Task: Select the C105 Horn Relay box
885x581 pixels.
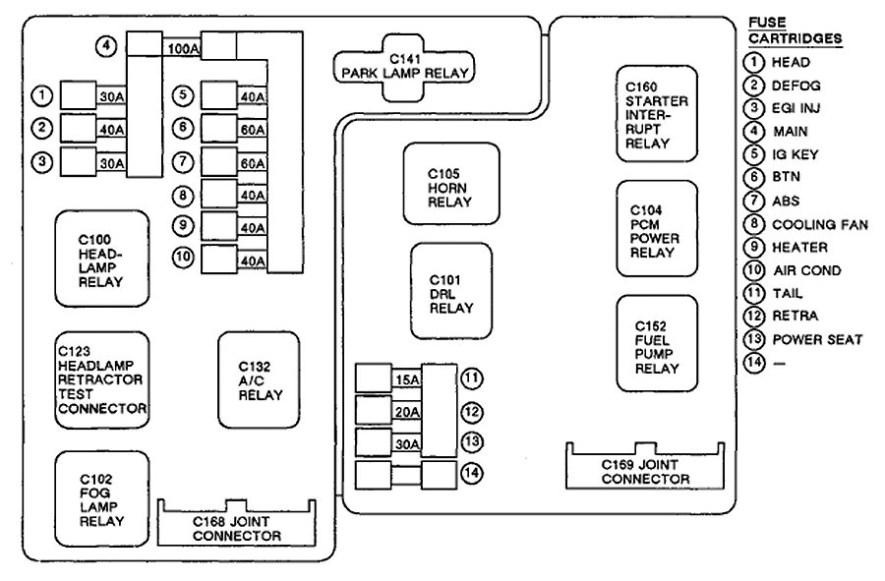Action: click(449, 185)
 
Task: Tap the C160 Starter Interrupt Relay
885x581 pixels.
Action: click(656, 113)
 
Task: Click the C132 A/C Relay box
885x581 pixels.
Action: click(259, 379)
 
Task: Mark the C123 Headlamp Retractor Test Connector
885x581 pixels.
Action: click(102, 379)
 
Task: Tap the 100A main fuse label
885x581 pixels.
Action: click(185, 46)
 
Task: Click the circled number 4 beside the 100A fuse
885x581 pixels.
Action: click(107, 45)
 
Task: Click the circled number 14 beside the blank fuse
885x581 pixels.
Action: click(473, 473)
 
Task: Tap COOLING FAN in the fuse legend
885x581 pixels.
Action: click(819, 224)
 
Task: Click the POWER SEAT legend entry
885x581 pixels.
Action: click(817, 340)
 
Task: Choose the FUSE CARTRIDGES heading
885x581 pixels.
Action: click(795, 30)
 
